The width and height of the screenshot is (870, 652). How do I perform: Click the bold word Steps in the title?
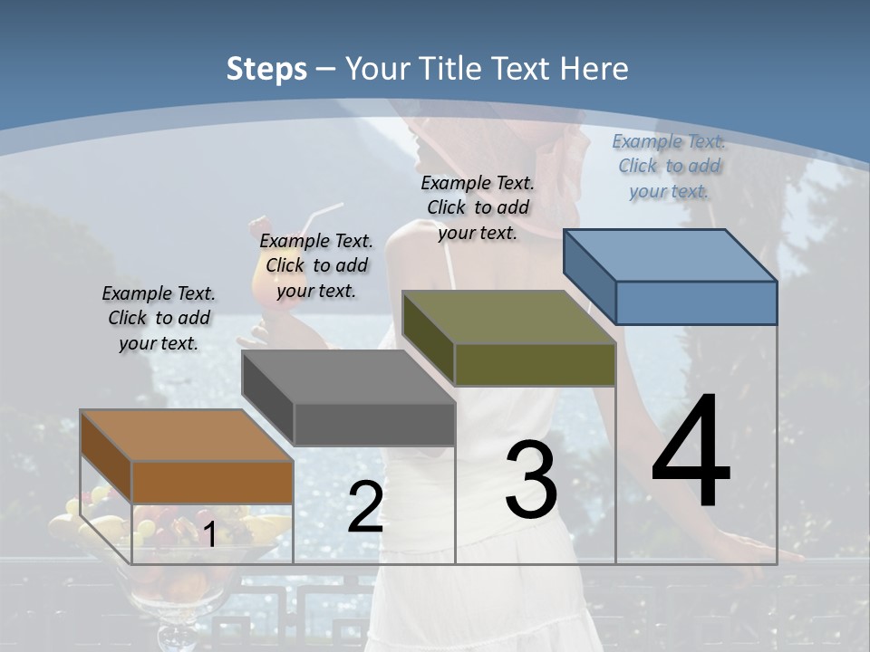pos(266,69)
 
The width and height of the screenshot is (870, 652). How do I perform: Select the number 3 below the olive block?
pos(531,479)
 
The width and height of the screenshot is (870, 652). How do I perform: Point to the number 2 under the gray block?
pos(365,507)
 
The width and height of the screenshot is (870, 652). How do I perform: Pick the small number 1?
pos(209,534)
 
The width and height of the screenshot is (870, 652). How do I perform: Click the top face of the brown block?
pos(185,436)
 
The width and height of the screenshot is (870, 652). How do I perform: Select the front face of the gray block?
pos(374,424)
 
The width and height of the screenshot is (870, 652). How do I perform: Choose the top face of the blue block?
pos(670,255)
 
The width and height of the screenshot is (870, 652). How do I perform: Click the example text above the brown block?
pos(159,318)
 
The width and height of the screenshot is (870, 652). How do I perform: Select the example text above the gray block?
pos(316,265)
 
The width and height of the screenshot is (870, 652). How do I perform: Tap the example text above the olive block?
pos(478,207)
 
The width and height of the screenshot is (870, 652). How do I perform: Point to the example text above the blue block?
pos(669,166)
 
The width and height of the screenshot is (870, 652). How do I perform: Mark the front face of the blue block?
pos(696,302)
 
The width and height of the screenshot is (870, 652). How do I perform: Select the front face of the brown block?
pos(212,482)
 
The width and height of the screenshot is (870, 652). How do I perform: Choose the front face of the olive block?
pos(535,365)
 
